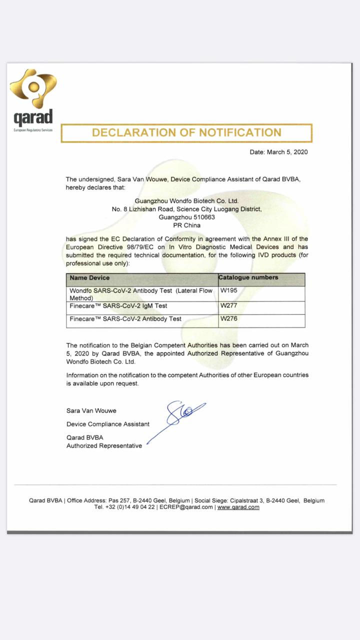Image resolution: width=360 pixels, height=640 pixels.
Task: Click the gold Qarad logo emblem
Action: click(33, 89)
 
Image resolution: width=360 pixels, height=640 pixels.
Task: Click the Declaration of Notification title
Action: click(186, 132)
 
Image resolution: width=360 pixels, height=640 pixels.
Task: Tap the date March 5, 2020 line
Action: click(278, 152)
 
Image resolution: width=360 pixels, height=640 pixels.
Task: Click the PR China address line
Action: click(186, 225)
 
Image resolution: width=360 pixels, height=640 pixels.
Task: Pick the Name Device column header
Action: click(89, 277)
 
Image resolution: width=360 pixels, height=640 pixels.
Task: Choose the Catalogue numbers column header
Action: click(248, 277)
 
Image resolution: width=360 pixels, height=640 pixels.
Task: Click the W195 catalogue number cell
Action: click(228, 290)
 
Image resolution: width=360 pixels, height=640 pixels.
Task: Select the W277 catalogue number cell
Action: click(229, 305)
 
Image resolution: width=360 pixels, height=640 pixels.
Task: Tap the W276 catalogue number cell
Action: click(229, 318)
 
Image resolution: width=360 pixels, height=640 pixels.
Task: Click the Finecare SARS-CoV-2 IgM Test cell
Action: click(118, 305)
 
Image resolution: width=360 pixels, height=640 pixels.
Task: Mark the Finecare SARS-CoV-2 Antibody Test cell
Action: click(125, 318)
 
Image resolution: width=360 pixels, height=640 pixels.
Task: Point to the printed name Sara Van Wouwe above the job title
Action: click(91, 410)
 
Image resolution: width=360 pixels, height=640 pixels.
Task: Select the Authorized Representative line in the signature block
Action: click(104, 445)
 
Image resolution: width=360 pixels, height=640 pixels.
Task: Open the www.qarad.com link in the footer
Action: click(238, 507)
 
